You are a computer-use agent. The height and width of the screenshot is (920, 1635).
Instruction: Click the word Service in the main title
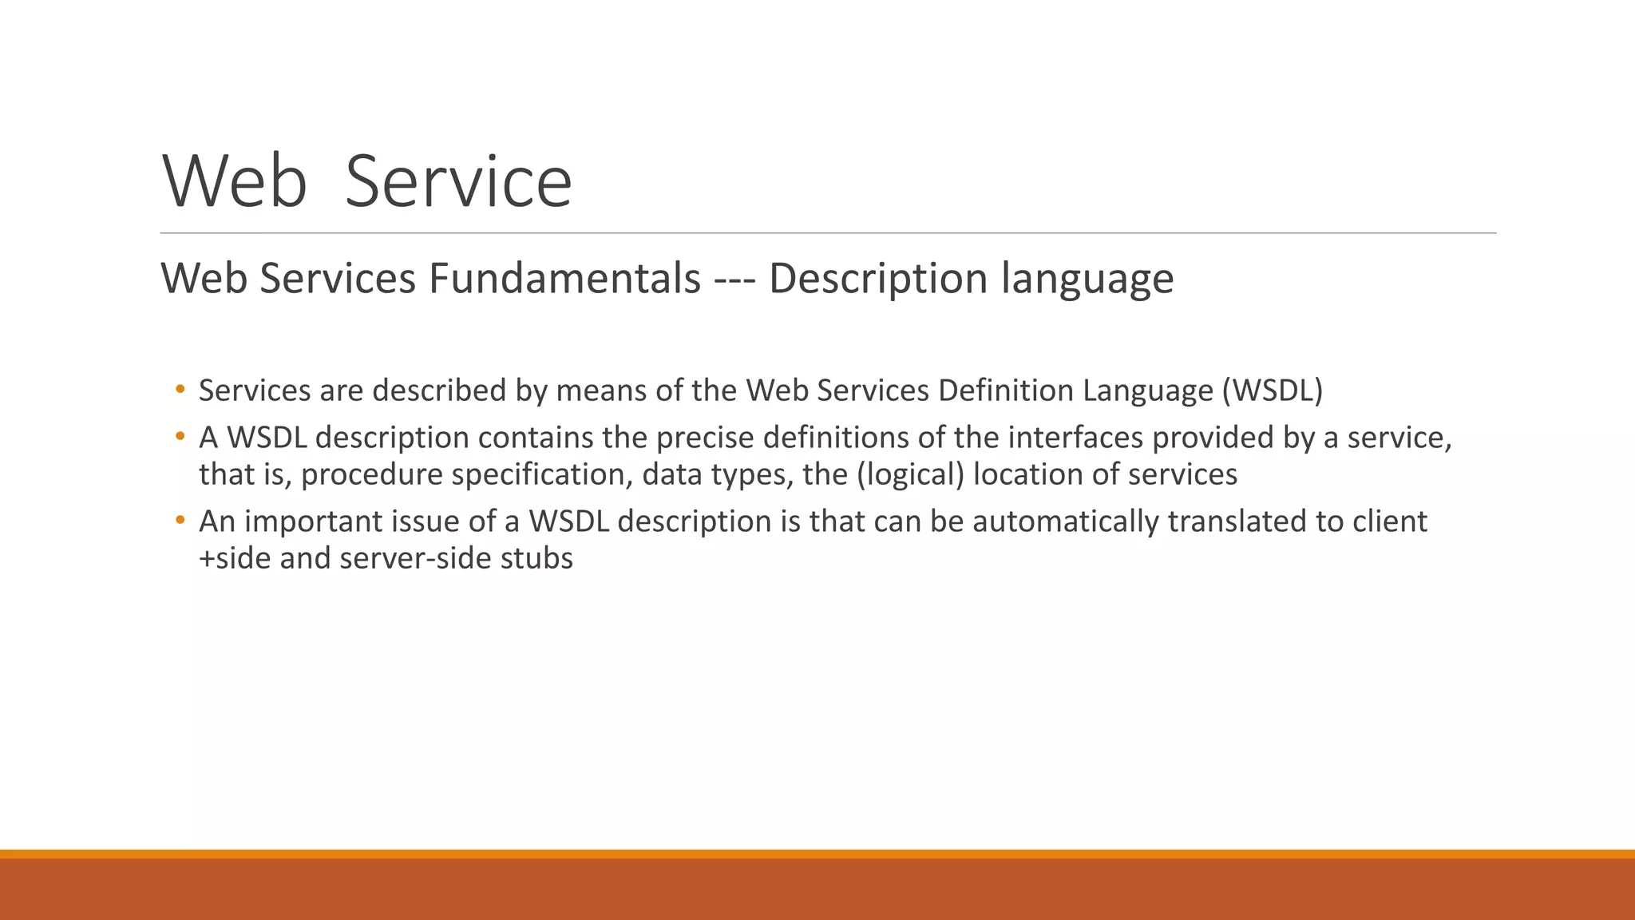tap(458, 182)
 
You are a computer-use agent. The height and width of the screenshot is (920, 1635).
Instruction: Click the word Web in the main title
tap(235, 182)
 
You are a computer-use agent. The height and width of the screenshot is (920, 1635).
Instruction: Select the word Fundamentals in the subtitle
tap(564, 279)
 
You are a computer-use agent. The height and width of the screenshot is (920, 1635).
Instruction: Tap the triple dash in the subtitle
tap(734, 279)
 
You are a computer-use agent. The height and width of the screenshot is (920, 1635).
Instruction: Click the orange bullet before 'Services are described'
tap(180, 390)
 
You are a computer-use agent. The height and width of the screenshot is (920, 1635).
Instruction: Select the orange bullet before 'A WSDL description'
tap(180, 437)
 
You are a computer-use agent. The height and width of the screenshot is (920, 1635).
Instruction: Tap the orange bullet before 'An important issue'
tap(180, 521)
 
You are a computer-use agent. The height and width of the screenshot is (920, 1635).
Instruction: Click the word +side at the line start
tap(235, 558)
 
